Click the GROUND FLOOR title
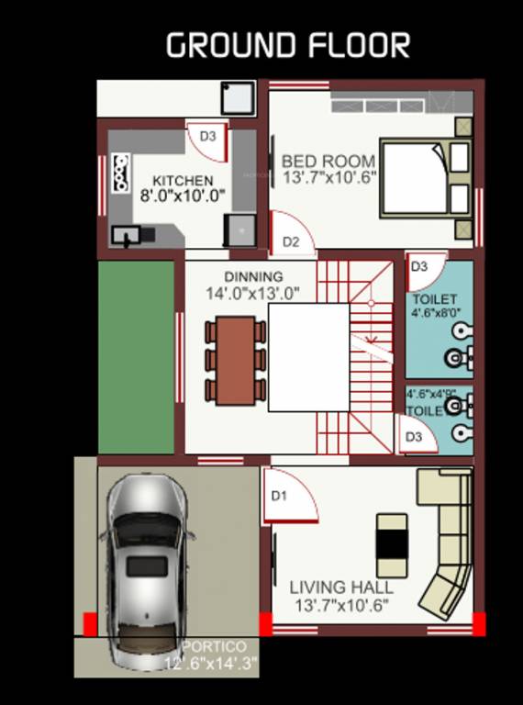click(x=287, y=46)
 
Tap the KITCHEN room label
click(x=183, y=181)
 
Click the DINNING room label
click(x=253, y=276)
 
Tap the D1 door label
click(x=279, y=496)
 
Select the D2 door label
click(x=291, y=242)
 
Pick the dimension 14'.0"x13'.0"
click(x=253, y=294)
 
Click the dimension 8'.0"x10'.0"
click(x=183, y=196)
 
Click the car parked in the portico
click(x=147, y=569)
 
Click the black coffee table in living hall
click(x=392, y=537)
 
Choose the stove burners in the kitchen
click(x=119, y=173)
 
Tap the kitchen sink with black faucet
click(x=126, y=235)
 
